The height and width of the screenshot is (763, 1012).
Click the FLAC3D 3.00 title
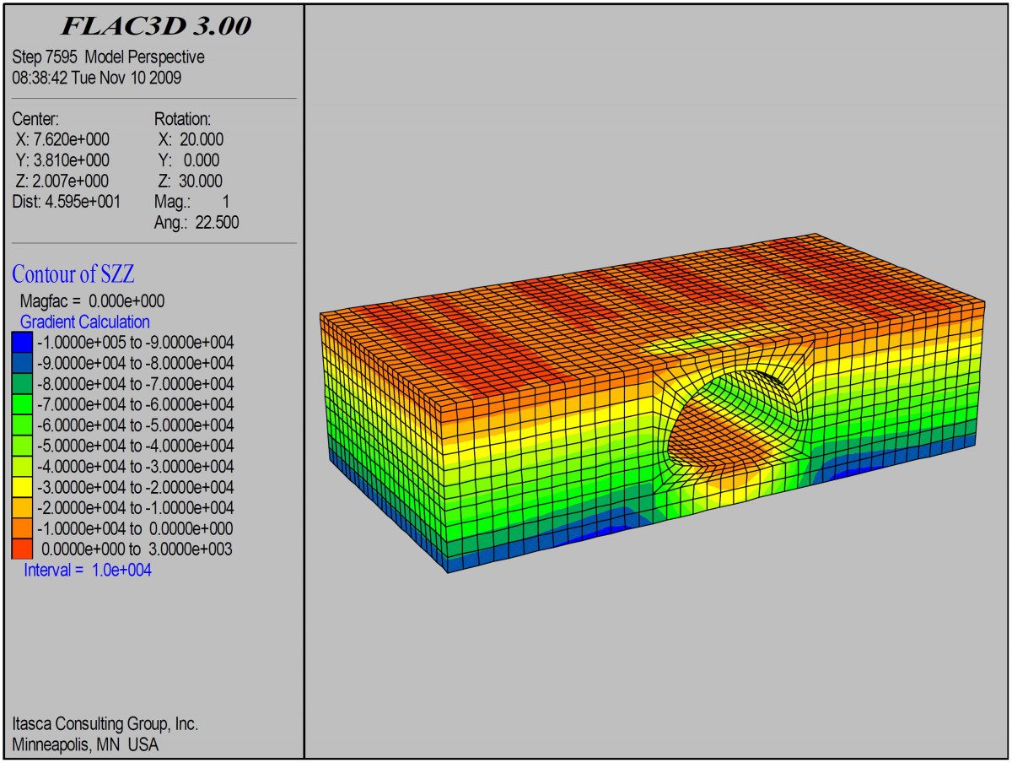[156, 26]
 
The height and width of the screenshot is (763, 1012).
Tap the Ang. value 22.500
[216, 223]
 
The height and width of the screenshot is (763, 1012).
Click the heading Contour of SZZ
[73, 274]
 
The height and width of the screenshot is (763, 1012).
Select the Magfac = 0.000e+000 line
[92, 300]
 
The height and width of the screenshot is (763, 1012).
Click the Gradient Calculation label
[85, 322]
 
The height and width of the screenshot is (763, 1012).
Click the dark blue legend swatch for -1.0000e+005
[22, 343]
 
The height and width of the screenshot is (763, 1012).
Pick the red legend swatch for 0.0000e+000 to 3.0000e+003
[22, 549]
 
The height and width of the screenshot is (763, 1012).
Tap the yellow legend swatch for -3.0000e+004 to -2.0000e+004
[22, 487]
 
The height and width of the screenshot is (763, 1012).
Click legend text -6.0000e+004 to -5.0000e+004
[135, 425]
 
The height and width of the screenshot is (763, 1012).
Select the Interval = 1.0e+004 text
[88, 570]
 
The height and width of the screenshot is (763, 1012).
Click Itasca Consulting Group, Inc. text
[105, 724]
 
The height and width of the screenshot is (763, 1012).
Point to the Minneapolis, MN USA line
[85, 744]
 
